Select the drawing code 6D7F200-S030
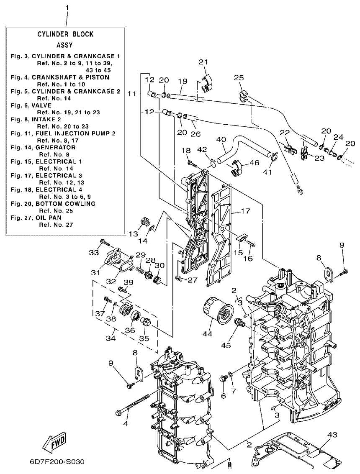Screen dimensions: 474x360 click(57, 462)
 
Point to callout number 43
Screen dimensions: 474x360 click(332, 435)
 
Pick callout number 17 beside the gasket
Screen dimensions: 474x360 click(245, 211)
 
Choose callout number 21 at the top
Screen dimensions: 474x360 click(203, 62)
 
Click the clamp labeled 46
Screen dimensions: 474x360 click(237, 168)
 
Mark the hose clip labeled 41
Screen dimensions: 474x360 click(274, 157)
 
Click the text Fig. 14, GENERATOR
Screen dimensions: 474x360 click(44, 147)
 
